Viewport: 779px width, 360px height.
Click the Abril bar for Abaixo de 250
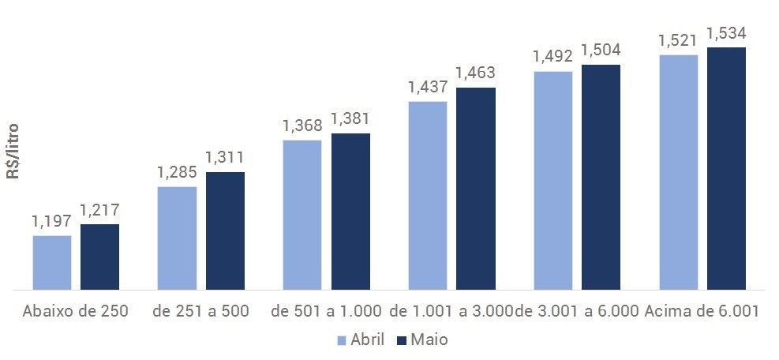pos(52,262)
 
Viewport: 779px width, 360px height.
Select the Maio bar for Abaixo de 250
pos(99,257)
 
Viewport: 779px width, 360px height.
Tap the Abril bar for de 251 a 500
pos(177,238)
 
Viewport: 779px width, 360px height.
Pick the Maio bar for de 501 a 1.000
pos(350,211)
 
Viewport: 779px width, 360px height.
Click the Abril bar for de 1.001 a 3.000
pos(428,195)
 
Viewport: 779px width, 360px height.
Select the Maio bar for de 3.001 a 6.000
pos(601,177)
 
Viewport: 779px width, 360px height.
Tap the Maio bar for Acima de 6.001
pos(726,168)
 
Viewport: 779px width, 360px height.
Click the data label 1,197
pos(52,223)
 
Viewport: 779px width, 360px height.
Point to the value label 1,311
pos(225,159)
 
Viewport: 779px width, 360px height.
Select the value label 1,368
pos(302,127)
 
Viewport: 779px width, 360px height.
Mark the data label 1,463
pos(475,73)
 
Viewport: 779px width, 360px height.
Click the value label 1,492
pos(552,58)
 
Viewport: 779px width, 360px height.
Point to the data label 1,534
pos(726,34)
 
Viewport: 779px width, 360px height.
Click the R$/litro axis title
pos(13,151)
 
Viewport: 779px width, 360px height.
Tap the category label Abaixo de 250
pos(76,311)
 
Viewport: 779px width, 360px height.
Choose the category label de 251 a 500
pos(200,311)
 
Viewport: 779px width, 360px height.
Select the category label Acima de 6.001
pos(702,311)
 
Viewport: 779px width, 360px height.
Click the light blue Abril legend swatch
pos(342,340)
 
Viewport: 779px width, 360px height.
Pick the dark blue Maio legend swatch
pos(401,340)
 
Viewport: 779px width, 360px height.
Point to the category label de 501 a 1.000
pos(326,311)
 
